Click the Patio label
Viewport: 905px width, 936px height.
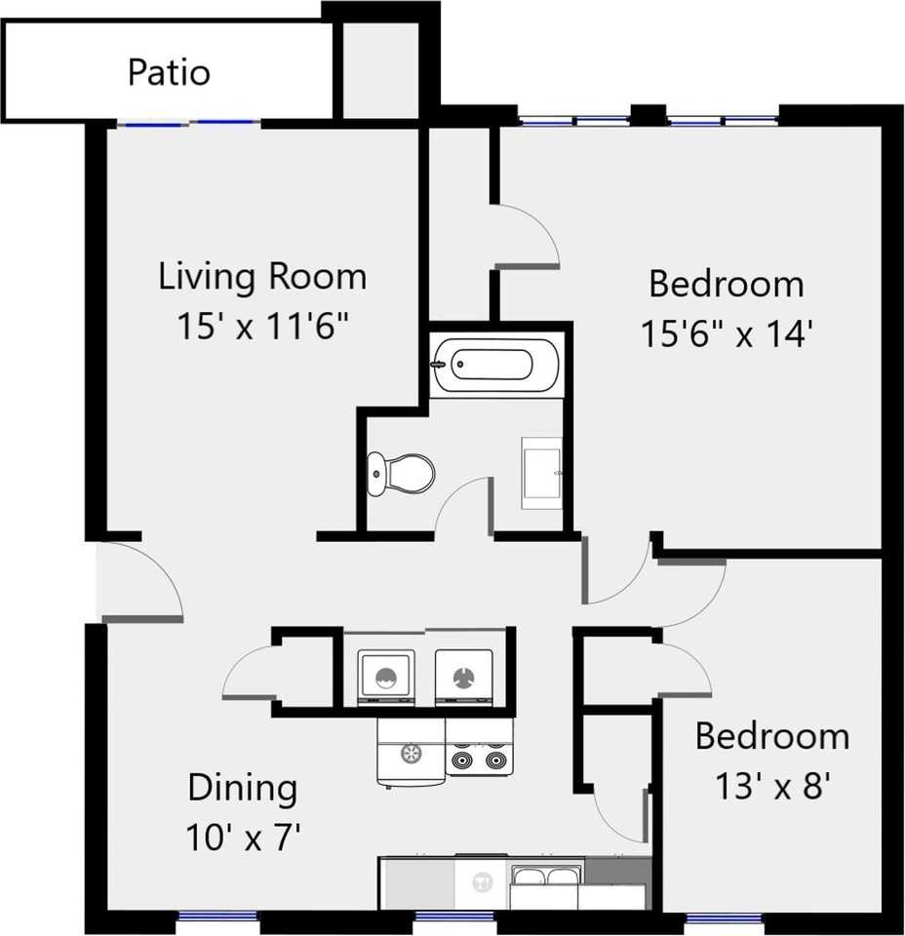click(169, 73)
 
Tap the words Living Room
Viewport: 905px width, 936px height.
click(262, 277)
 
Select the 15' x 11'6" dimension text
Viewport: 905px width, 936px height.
click(262, 327)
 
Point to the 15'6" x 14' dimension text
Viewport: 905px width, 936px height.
click(727, 334)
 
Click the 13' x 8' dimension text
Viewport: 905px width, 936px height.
click(771, 785)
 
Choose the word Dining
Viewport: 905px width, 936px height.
click(242, 788)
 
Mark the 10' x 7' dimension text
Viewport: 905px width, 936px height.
click(244, 837)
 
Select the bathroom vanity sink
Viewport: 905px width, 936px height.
click(541, 473)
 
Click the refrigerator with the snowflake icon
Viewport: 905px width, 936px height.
click(411, 751)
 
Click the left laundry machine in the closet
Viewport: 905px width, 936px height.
click(386, 676)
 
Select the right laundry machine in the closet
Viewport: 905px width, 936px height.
click(463, 676)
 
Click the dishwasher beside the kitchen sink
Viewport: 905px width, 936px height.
click(481, 882)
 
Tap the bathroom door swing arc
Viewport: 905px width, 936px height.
click(463, 505)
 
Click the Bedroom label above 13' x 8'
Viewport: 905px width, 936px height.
click(771, 736)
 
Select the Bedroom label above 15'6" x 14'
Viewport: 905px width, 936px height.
click(727, 285)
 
